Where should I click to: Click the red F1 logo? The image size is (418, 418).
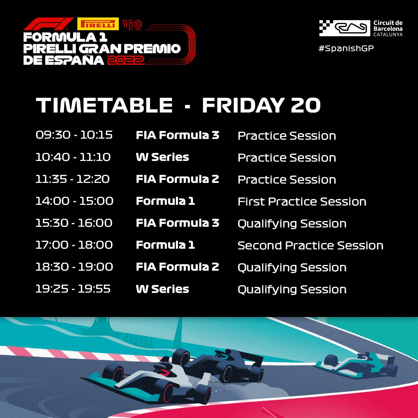tap(48, 24)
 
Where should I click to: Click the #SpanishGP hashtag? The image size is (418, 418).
tap(346, 48)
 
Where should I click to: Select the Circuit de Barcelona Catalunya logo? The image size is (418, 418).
tap(361, 28)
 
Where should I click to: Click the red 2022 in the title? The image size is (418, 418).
tap(126, 60)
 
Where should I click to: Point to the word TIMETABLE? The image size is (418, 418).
tap(104, 105)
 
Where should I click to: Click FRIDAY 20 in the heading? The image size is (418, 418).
tap(261, 105)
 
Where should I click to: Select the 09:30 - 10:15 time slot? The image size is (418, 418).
tap(74, 135)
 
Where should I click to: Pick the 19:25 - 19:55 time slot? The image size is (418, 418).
tap(73, 289)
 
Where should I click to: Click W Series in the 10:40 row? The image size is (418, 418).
tap(162, 157)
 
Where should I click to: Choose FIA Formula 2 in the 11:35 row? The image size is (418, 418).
tap(177, 179)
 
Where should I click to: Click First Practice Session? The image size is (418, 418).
tap(302, 202)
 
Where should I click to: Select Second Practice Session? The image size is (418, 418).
tap(310, 246)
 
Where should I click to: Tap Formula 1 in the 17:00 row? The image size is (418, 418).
tap(165, 245)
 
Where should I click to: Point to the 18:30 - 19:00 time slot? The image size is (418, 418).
tap(74, 267)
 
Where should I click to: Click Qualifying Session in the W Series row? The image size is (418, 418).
tap(292, 289)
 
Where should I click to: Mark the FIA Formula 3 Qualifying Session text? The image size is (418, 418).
tap(292, 224)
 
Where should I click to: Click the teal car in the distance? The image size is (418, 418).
tap(355, 366)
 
